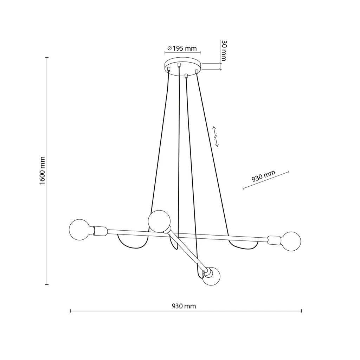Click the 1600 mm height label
coord(42,171)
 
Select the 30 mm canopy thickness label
coord(224,51)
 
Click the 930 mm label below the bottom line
coord(184,306)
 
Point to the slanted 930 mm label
coord(263,177)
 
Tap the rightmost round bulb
coord(290,242)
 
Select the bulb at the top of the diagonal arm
coord(159,221)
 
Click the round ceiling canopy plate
coord(183,65)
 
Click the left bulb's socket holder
coord(100,231)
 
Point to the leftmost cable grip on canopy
coord(169,69)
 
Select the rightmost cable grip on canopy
coord(197,72)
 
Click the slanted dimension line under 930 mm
coord(266,180)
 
